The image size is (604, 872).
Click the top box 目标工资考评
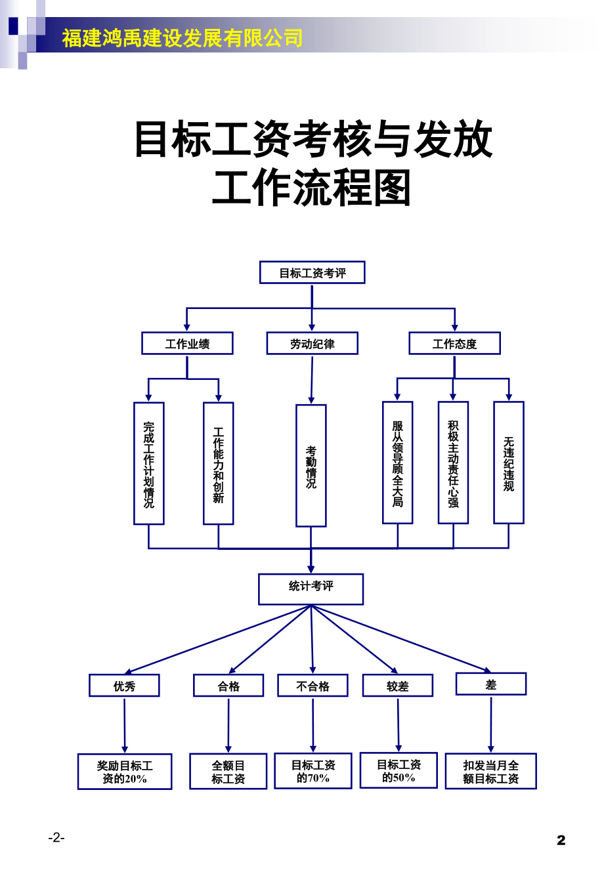[x=312, y=273]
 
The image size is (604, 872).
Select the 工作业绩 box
[x=187, y=343]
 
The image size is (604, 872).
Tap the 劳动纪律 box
[x=312, y=343]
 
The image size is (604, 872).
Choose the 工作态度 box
[x=454, y=343]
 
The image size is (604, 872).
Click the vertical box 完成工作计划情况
[x=149, y=463]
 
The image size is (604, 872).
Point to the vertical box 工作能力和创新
[x=219, y=463]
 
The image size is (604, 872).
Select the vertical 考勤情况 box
[x=311, y=466]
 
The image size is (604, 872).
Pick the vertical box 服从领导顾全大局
[x=398, y=463]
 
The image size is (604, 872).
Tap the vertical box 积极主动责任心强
[x=453, y=463]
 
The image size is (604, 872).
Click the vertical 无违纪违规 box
[x=509, y=463]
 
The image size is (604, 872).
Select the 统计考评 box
[x=311, y=589]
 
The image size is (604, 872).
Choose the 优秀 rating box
[x=124, y=686]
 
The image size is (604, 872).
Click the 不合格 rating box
[x=313, y=686]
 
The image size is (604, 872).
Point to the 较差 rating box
[x=398, y=686]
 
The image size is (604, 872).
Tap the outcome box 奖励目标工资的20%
[x=125, y=772]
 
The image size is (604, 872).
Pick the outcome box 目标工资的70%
[x=313, y=771]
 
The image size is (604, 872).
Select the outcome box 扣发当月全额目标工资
[x=491, y=772]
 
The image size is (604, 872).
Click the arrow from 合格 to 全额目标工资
[x=228, y=725]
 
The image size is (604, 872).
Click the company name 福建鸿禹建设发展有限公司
[x=183, y=38]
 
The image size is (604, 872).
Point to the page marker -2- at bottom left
[x=56, y=838]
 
